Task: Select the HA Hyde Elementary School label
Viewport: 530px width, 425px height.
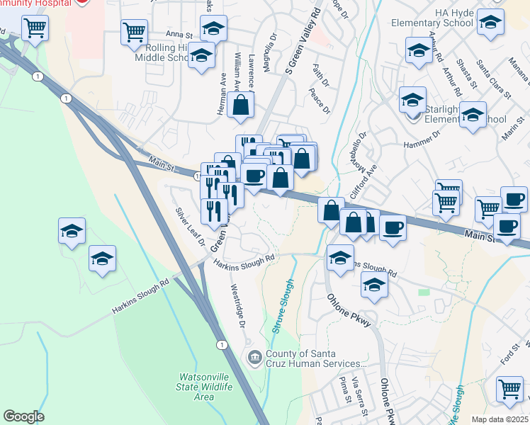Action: click(x=432, y=18)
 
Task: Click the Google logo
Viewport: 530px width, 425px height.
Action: click(x=23, y=416)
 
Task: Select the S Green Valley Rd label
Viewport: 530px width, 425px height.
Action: click(x=298, y=40)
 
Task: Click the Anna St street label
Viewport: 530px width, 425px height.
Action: click(x=179, y=34)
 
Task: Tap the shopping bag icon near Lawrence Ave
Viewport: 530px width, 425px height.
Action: click(x=241, y=106)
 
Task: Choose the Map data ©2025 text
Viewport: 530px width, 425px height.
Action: click(x=501, y=419)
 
